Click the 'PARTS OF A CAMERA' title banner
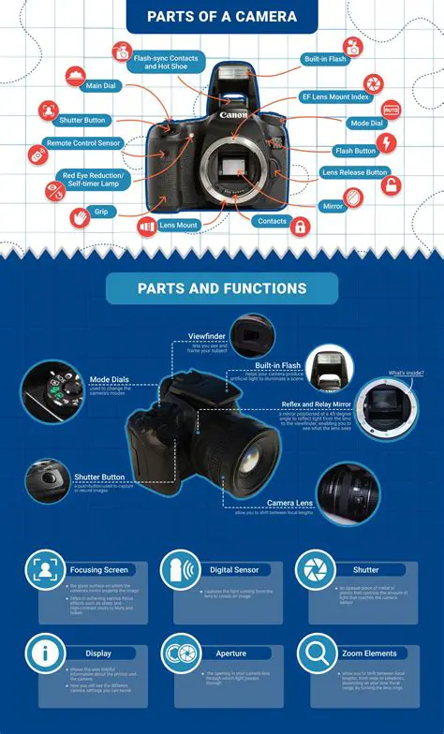coord(222,16)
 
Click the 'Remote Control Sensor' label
coord(82,144)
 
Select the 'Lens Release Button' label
coord(354,172)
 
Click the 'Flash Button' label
coord(355,150)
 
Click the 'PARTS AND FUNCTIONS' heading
coord(221,289)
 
